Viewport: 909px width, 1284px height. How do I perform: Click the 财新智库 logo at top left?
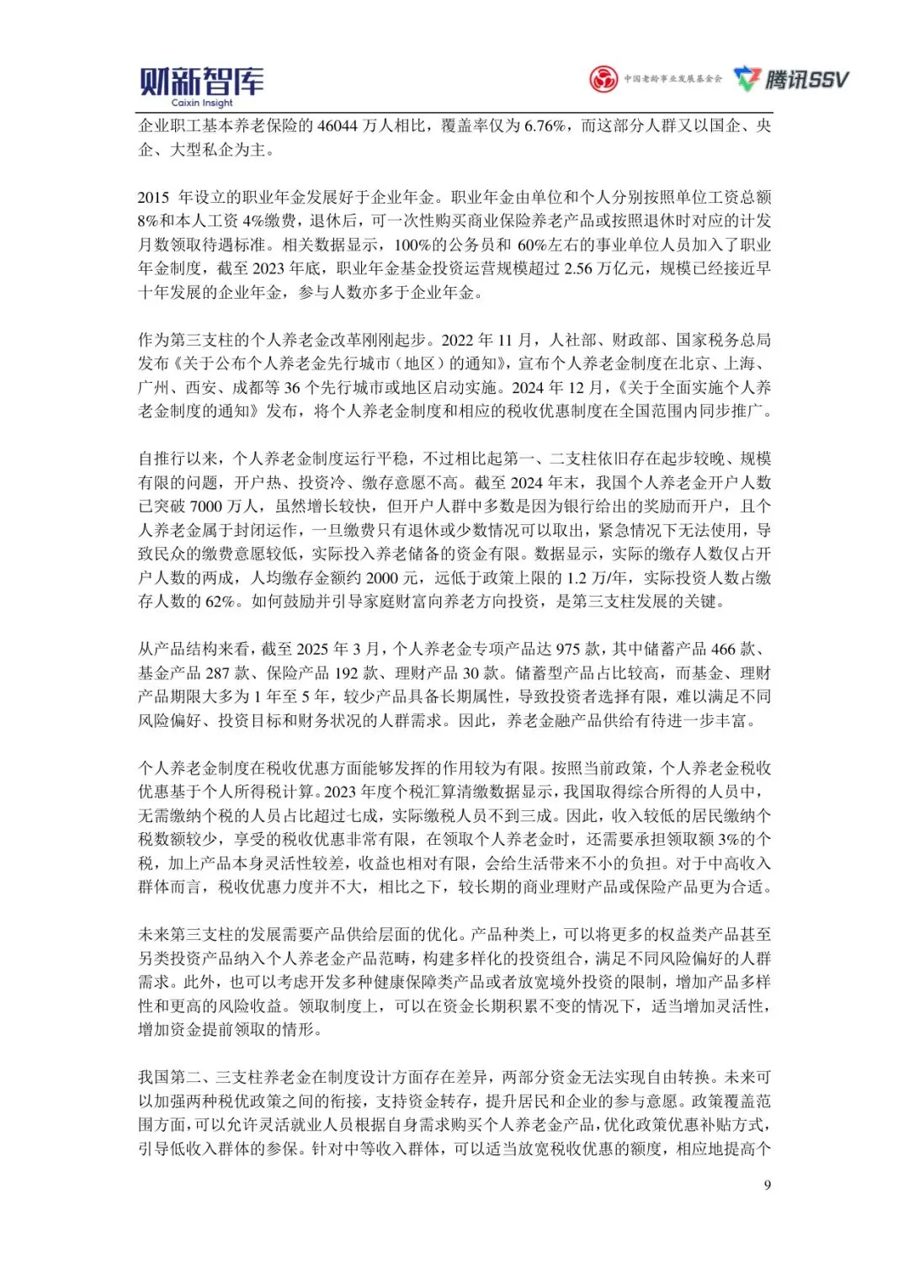[x=201, y=81]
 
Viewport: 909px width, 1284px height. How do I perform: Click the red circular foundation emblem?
[x=603, y=79]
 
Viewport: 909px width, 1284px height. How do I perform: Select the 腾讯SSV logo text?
[x=806, y=79]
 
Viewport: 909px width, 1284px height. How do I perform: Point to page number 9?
[x=767, y=1185]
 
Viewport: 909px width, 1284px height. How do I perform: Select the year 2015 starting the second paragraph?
[x=154, y=198]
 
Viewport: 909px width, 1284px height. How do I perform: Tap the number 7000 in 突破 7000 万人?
[x=206, y=507]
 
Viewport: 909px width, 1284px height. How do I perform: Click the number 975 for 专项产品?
[x=569, y=650]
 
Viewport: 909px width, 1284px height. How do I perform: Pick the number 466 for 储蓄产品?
[x=723, y=650]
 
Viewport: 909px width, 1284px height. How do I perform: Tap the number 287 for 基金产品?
[x=218, y=673]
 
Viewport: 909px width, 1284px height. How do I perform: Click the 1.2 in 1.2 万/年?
[x=577, y=578]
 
